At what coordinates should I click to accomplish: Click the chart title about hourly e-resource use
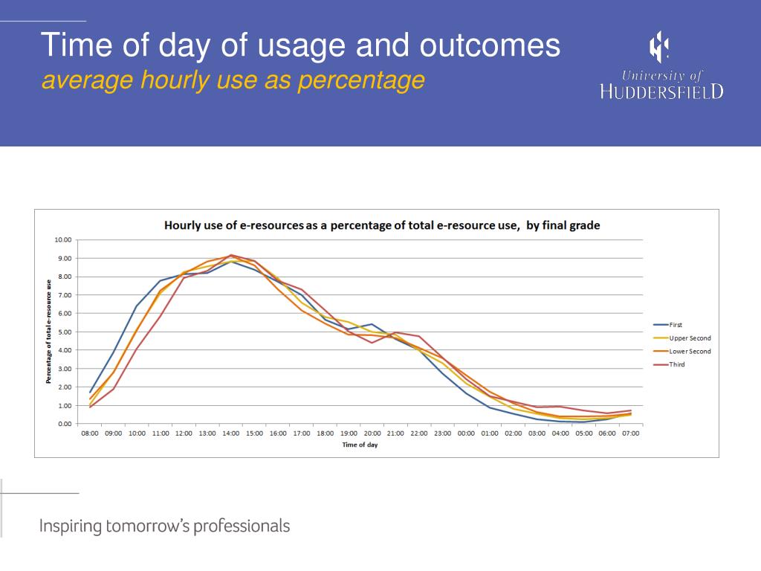pos(381,225)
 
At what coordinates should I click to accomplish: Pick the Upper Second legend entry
pos(690,338)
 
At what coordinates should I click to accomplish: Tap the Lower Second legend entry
pos(690,352)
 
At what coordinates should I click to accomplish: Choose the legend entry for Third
pos(676,364)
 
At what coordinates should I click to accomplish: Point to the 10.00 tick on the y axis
pos(62,240)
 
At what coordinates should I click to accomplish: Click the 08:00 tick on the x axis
pos(90,433)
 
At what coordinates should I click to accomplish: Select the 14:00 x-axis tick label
pos(230,433)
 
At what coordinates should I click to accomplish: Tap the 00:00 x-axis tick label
pos(466,433)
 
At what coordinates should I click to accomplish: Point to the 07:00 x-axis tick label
pos(630,433)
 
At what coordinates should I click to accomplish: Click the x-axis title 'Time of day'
pos(360,445)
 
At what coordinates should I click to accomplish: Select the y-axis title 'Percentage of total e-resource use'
pos(48,332)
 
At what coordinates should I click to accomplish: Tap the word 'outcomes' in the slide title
pos(489,45)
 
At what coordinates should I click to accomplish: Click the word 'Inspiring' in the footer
pos(70,526)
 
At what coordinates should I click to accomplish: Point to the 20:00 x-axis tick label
pos(372,433)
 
